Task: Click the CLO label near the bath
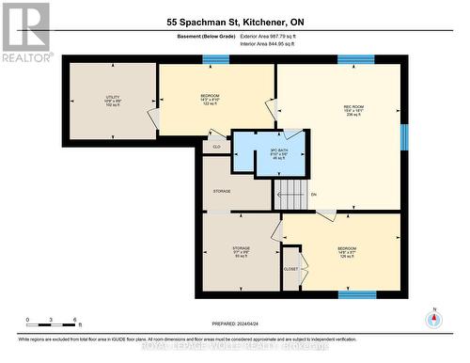216,147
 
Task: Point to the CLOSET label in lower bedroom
290,267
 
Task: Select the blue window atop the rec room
356,60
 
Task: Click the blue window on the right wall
405,137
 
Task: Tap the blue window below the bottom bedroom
356,293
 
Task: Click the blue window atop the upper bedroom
216,60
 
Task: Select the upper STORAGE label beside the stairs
222,191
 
